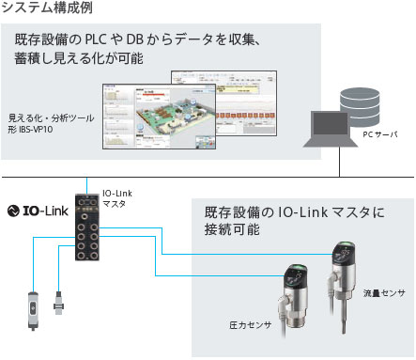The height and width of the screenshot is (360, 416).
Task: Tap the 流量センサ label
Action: (x=384, y=294)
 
